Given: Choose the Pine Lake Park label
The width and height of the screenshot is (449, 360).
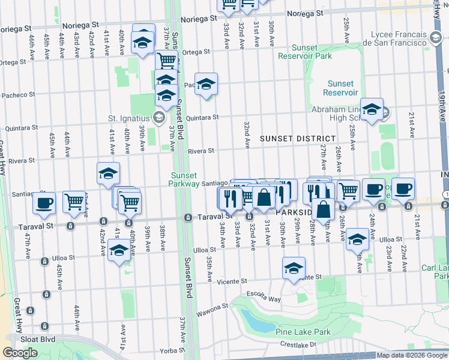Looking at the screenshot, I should [303, 332].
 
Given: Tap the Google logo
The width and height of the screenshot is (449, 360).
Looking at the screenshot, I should [20, 353].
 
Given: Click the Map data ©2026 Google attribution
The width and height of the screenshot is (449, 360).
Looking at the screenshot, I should [412, 355].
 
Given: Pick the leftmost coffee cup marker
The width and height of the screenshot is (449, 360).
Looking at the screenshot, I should [44, 203].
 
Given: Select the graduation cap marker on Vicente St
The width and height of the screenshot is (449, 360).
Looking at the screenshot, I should [294, 268].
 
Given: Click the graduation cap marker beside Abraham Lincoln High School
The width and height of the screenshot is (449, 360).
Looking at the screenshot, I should [372, 109].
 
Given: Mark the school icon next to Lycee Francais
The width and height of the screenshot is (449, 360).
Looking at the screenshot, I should [435, 38].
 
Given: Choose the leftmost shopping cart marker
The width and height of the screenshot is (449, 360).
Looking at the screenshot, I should [74, 202].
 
